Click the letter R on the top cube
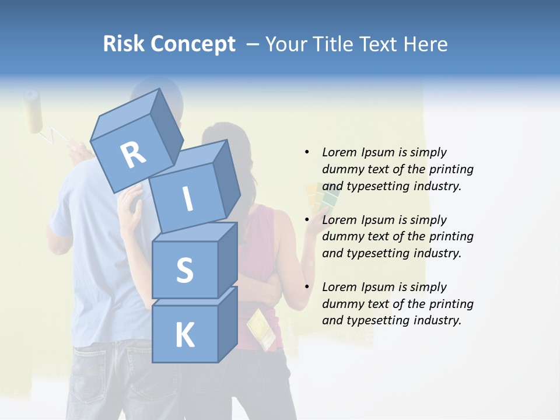(133, 155)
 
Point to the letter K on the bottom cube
(184, 335)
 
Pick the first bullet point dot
(307, 152)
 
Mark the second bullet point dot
(307, 220)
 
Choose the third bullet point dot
(307, 287)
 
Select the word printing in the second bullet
(451, 237)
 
